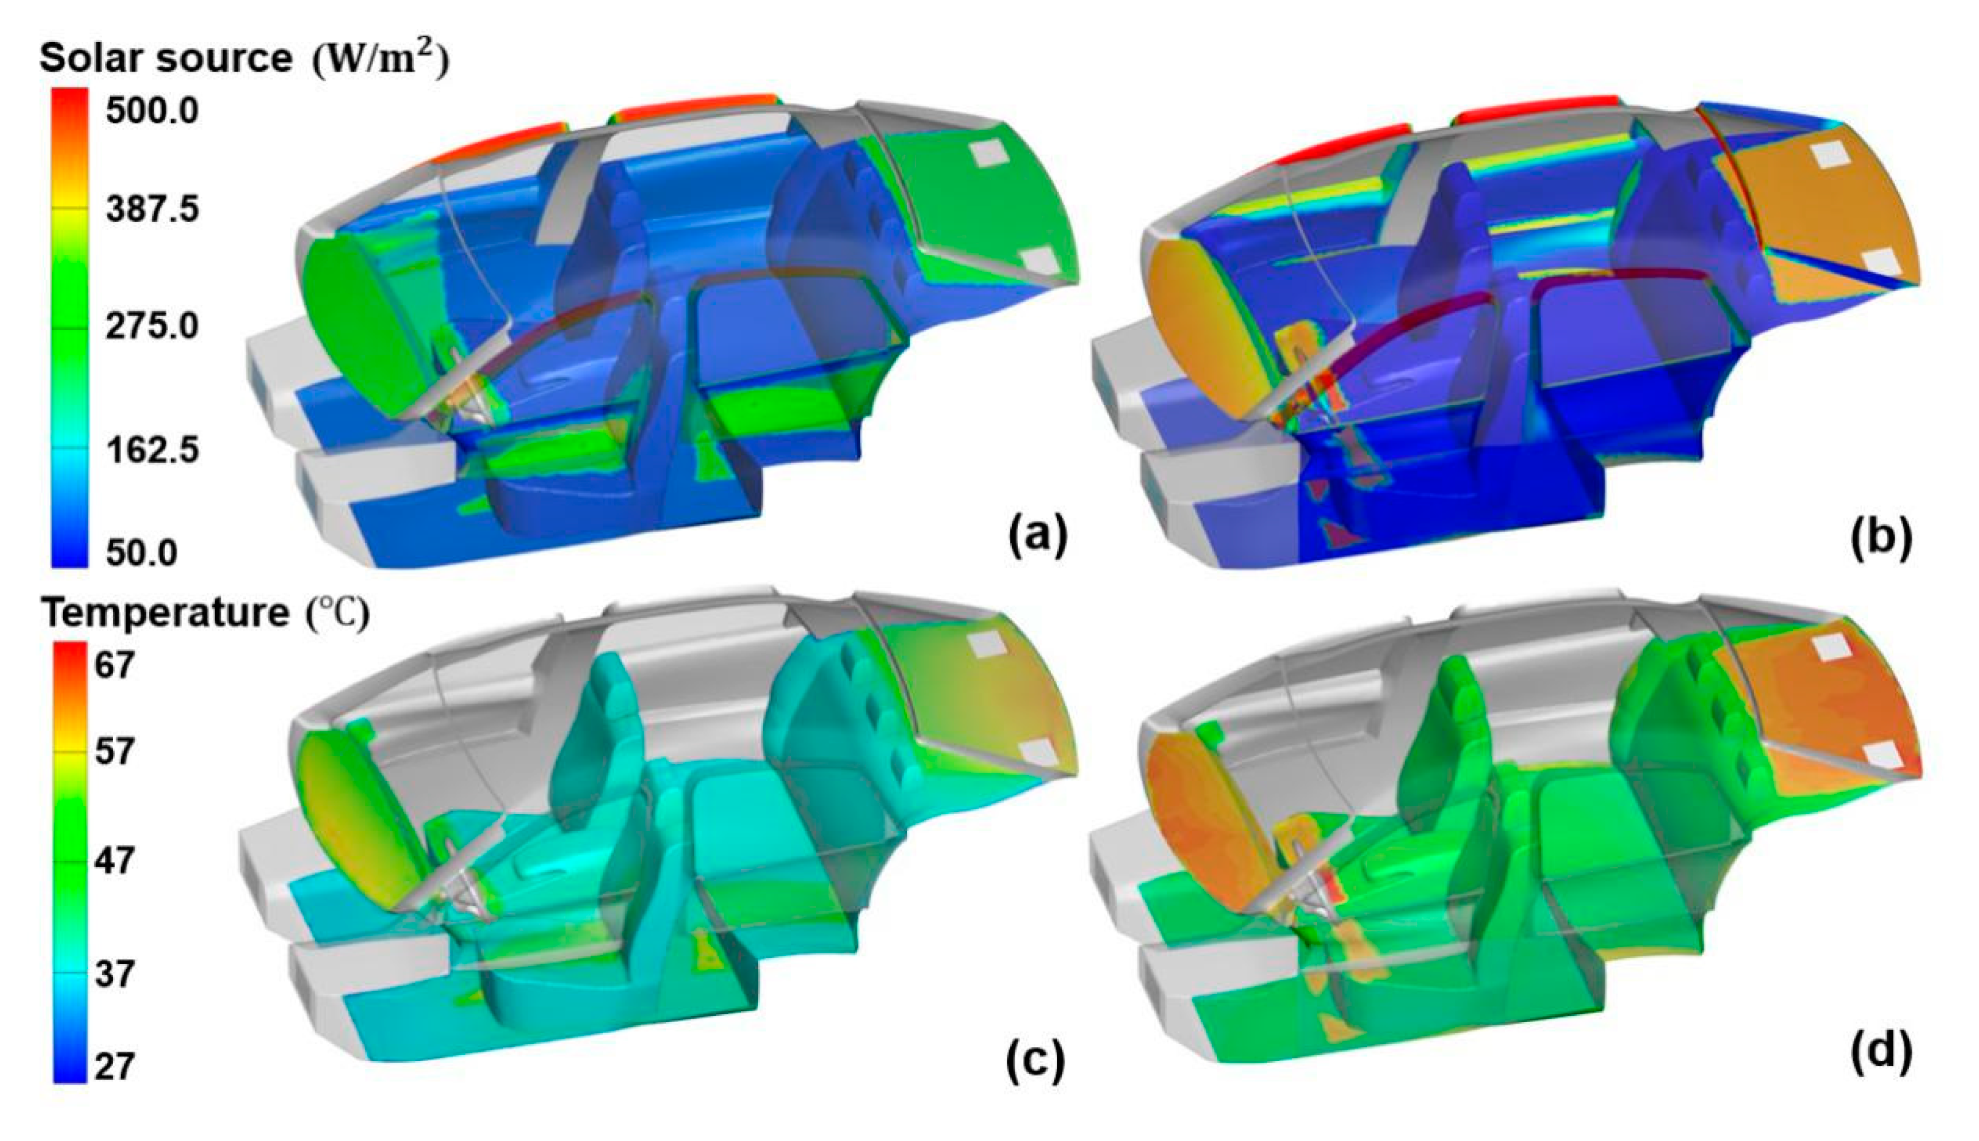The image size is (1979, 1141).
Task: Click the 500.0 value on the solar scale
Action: pyautogui.click(x=153, y=111)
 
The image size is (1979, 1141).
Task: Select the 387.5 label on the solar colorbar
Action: pyautogui.click(x=153, y=209)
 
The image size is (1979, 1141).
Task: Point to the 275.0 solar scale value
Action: pyautogui.click(x=153, y=325)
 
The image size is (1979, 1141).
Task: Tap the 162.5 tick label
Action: pyautogui.click(x=153, y=450)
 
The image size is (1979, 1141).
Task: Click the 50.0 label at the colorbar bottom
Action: pyautogui.click(x=142, y=553)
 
